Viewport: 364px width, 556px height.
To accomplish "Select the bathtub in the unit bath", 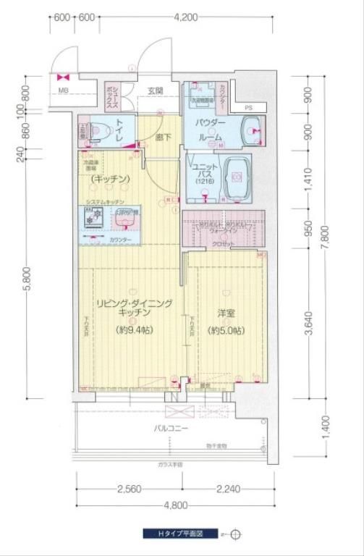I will pos(238,176).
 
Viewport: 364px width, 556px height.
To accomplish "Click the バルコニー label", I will pos(171,429).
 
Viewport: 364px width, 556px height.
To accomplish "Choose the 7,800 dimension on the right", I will pos(327,235).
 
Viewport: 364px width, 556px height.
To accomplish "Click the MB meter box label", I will pos(64,90).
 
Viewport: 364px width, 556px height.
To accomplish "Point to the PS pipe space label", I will pos(249,108).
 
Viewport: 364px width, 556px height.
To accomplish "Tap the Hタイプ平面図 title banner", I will pos(181,534).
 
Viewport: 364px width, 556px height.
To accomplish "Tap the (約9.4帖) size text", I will pos(135,330).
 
